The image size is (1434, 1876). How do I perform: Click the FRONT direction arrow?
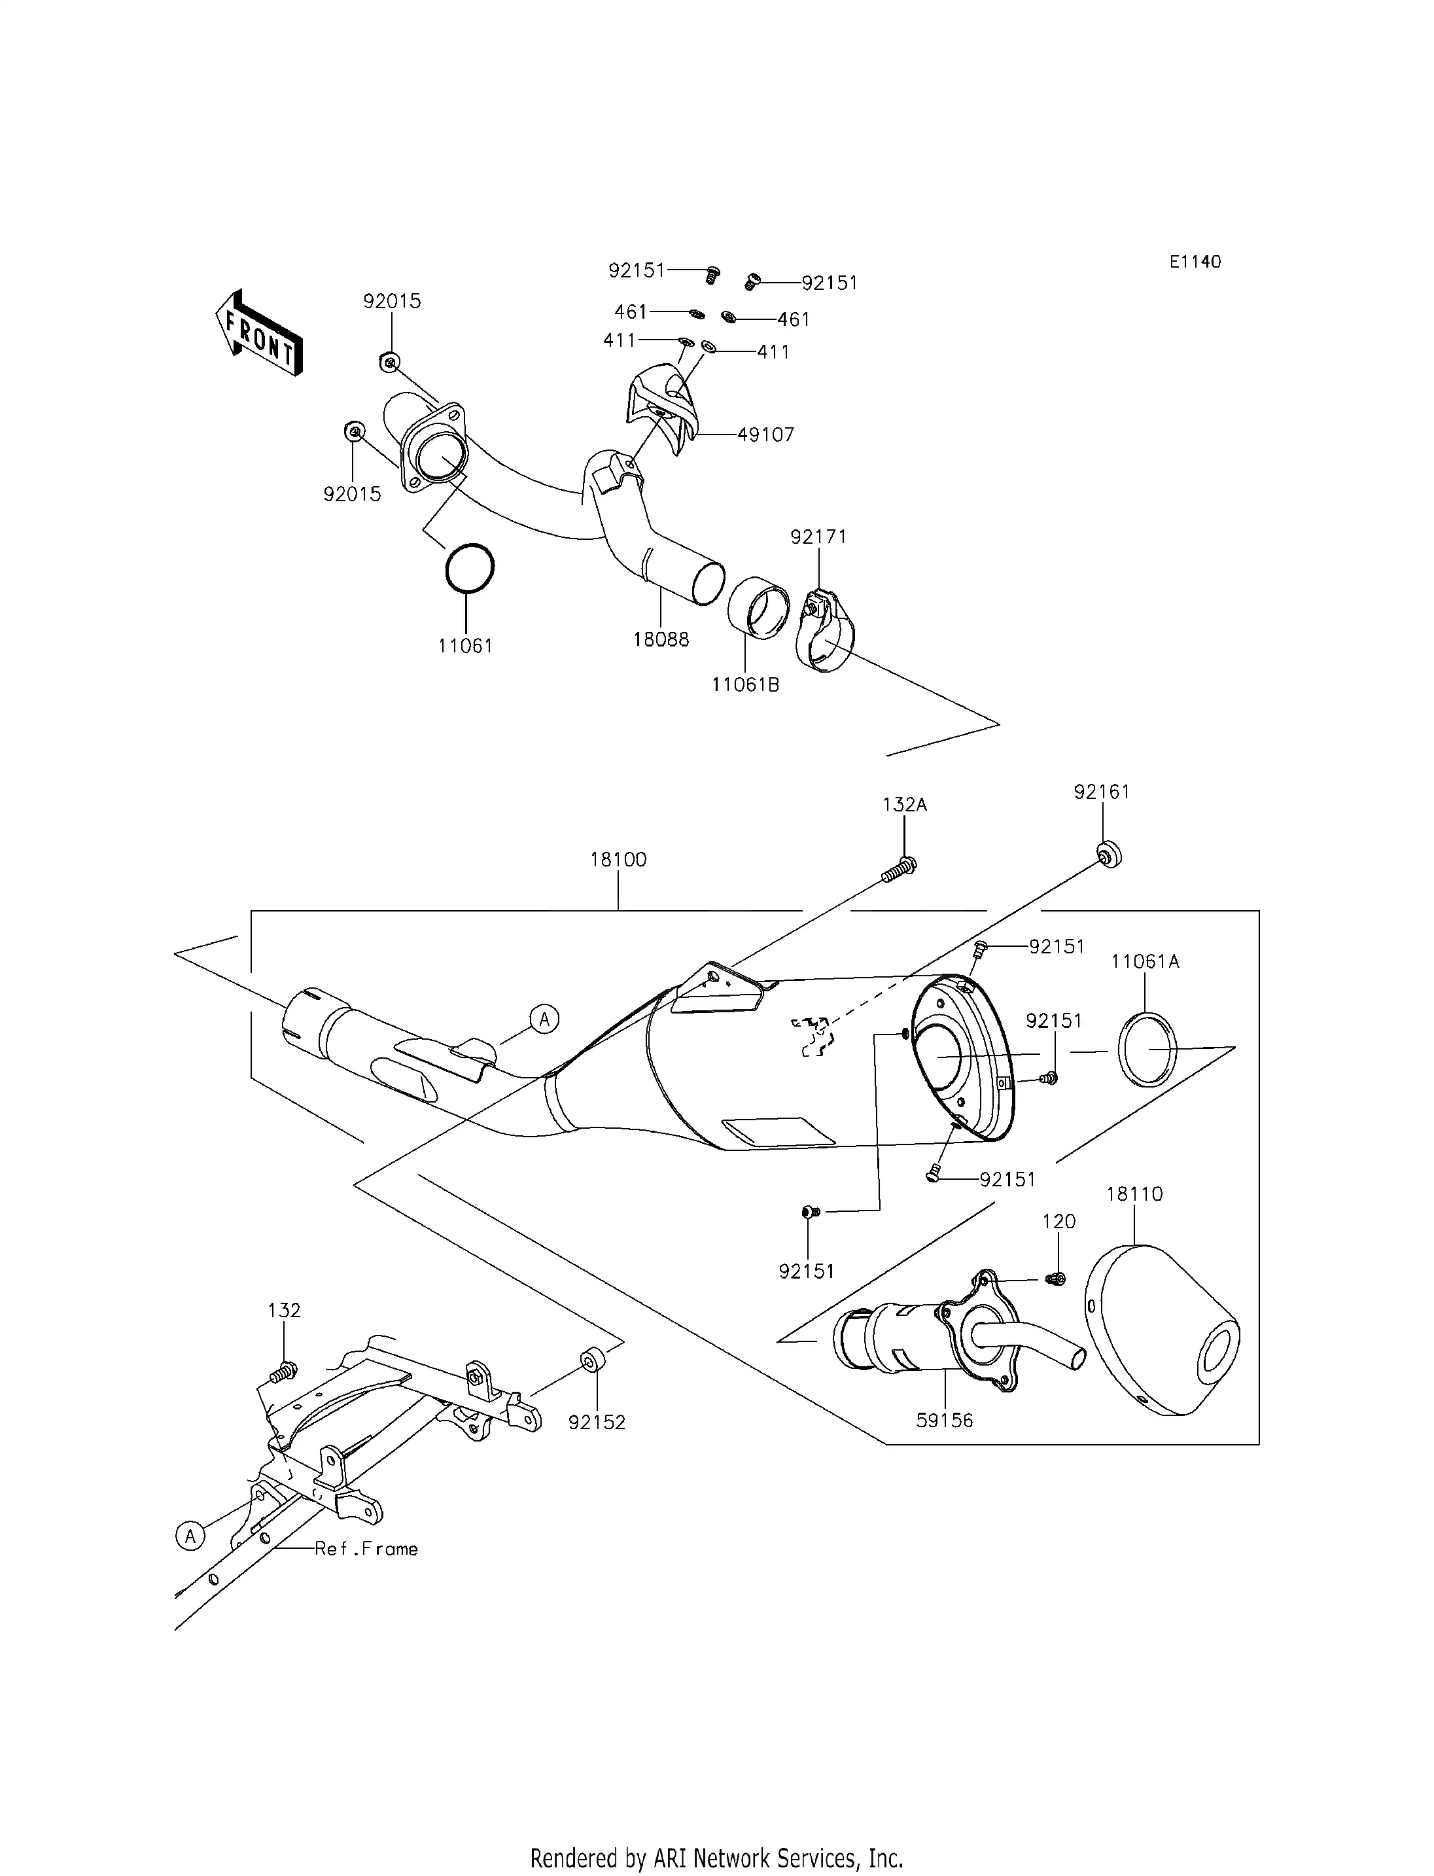[x=258, y=334]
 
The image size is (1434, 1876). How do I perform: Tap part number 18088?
[x=661, y=639]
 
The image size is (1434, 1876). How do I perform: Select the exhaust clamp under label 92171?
[x=824, y=633]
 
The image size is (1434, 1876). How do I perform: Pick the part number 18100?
[x=618, y=859]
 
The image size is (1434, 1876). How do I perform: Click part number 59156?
[x=944, y=1420]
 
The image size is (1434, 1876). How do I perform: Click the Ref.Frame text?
[x=366, y=1548]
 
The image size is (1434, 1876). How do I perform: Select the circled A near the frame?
[x=190, y=1536]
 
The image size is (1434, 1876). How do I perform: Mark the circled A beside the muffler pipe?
[x=544, y=1019]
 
